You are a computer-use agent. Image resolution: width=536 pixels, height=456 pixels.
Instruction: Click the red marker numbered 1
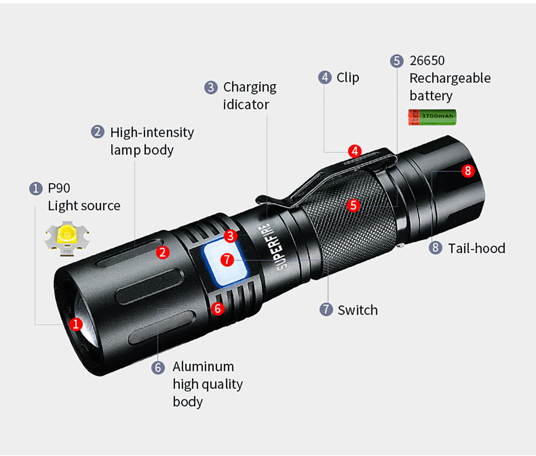[x=76, y=324]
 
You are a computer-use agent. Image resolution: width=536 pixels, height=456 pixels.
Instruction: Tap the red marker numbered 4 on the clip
[x=355, y=151]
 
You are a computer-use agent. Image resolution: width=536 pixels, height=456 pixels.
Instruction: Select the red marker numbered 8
[x=468, y=171]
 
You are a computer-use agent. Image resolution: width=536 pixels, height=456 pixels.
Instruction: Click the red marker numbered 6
[x=218, y=309]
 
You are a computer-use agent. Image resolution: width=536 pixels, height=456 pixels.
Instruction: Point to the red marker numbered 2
[x=163, y=252]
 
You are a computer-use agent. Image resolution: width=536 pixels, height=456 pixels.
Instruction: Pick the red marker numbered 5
[x=353, y=205]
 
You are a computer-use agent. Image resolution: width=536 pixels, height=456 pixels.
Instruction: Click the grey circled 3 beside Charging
[x=211, y=88]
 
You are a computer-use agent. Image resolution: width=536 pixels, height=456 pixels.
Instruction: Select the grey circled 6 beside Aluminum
[x=158, y=367]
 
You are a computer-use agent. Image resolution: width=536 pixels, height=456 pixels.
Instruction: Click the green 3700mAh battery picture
[x=432, y=117]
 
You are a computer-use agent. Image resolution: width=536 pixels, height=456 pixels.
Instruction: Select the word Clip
[x=348, y=78]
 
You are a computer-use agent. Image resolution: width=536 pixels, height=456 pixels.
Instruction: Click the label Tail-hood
[x=477, y=248]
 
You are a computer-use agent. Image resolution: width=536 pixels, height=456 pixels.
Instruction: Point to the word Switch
[x=358, y=310]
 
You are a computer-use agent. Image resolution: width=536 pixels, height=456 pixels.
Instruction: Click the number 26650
[x=427, y=61]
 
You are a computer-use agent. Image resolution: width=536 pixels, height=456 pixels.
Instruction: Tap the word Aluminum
[x=203, y=367]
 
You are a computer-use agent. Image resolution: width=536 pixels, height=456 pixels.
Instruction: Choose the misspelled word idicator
[x=246, y=105]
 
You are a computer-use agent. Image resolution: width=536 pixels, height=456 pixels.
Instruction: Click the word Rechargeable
[x=450, y=79]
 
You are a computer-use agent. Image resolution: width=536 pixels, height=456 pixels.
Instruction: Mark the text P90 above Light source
[x=59, y=188]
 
